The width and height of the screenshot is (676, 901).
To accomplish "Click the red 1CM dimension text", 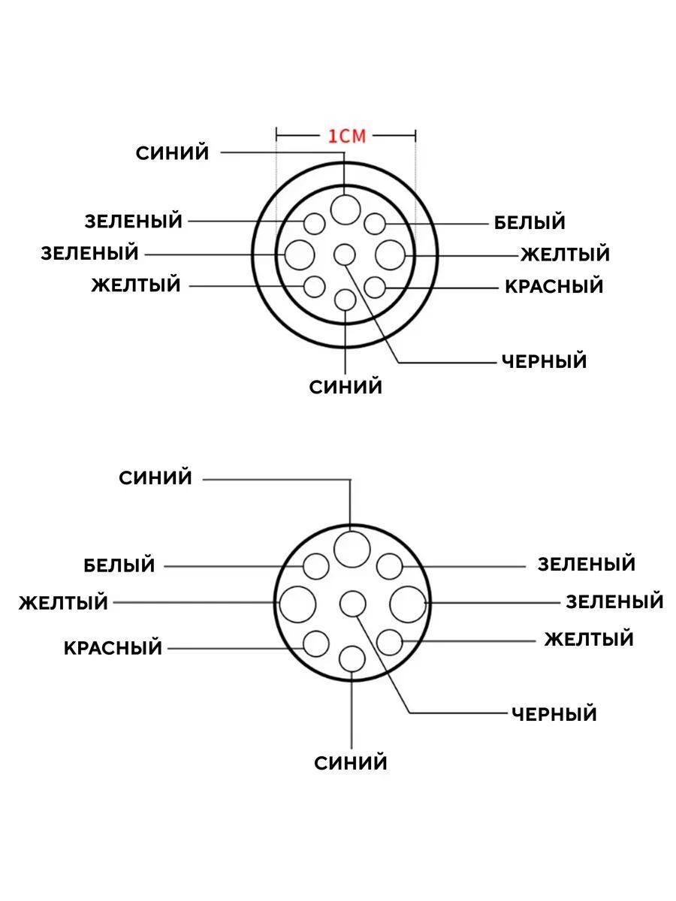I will [346, 135].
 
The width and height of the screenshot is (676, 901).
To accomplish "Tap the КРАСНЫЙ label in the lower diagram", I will [113, 647].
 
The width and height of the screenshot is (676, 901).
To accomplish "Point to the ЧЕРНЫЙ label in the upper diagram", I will [544, 361].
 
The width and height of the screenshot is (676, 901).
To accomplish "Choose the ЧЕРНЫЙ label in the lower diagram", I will [554, 713].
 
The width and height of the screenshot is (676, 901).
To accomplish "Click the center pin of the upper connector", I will [345, 255].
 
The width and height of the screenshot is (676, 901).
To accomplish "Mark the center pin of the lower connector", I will [352, 604].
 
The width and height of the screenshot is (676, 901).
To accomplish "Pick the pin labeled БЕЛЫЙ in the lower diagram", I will [316, 566].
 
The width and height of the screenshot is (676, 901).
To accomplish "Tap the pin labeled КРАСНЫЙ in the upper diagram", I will [375, 287].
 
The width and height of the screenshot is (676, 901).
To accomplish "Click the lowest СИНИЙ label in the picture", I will [351, 764].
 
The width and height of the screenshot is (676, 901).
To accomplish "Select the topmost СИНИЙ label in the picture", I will [172, 153].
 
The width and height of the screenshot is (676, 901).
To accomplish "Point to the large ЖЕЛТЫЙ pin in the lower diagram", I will [297, 604].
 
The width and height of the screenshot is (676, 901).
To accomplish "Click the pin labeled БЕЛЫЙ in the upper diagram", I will [375, 223].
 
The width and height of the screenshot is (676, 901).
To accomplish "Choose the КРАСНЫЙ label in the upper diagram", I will [554, 286].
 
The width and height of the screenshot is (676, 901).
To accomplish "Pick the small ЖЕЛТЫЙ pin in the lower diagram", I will [389, 642].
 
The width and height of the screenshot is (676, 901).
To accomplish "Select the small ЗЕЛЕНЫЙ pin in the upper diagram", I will [314, 223].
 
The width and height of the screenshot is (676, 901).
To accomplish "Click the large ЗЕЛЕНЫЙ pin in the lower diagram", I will [407, 604].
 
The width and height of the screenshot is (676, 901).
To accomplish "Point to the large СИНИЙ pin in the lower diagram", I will [352, 549].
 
